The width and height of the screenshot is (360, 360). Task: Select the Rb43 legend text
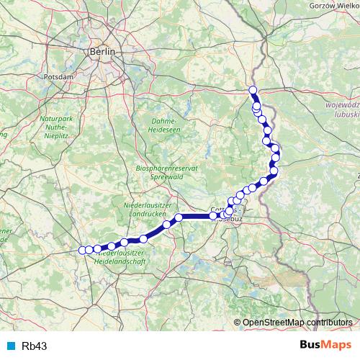point(35,346)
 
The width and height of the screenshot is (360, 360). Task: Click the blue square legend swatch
point(12,346)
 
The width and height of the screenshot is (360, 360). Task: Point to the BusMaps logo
point(326,346)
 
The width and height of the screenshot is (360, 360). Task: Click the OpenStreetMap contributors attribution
point(297,322)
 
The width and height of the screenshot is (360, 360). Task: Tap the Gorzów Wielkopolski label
point(333,5)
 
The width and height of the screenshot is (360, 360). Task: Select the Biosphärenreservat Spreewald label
point(167,171)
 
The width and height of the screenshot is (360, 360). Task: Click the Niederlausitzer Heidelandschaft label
point(121,258)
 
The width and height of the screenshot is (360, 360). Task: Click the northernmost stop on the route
point(253,90)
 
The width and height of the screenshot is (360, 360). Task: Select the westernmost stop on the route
point(81,251)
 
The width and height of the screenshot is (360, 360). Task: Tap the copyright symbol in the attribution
point(238,322)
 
